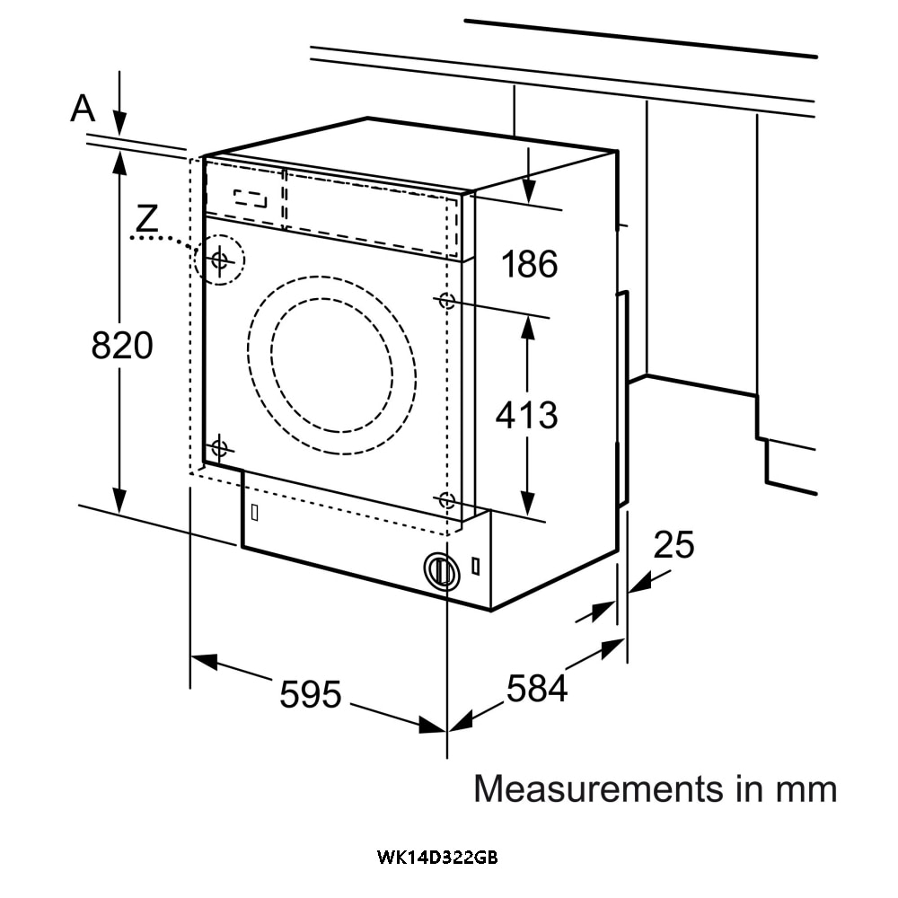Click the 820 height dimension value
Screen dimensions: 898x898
click(122, 345)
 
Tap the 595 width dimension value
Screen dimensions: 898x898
click(311, 694)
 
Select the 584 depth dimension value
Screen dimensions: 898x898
click(537, 688)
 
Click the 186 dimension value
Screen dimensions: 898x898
click(529, 264)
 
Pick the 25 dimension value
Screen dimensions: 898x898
click(673, 544)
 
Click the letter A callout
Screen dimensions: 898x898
click(83, 109)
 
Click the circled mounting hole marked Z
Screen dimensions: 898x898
click(219, 260)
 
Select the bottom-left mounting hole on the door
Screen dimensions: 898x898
click(219, 446)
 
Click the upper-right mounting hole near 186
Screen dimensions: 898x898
click(446, 302)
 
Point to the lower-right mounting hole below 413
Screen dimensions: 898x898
click(446, 501)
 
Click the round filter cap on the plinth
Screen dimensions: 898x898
click(440, 570)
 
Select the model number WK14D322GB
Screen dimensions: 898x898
click(436, 858)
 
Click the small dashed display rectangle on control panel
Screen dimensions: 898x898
click(251, 198)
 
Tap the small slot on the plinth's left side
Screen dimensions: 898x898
click(255, 512)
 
